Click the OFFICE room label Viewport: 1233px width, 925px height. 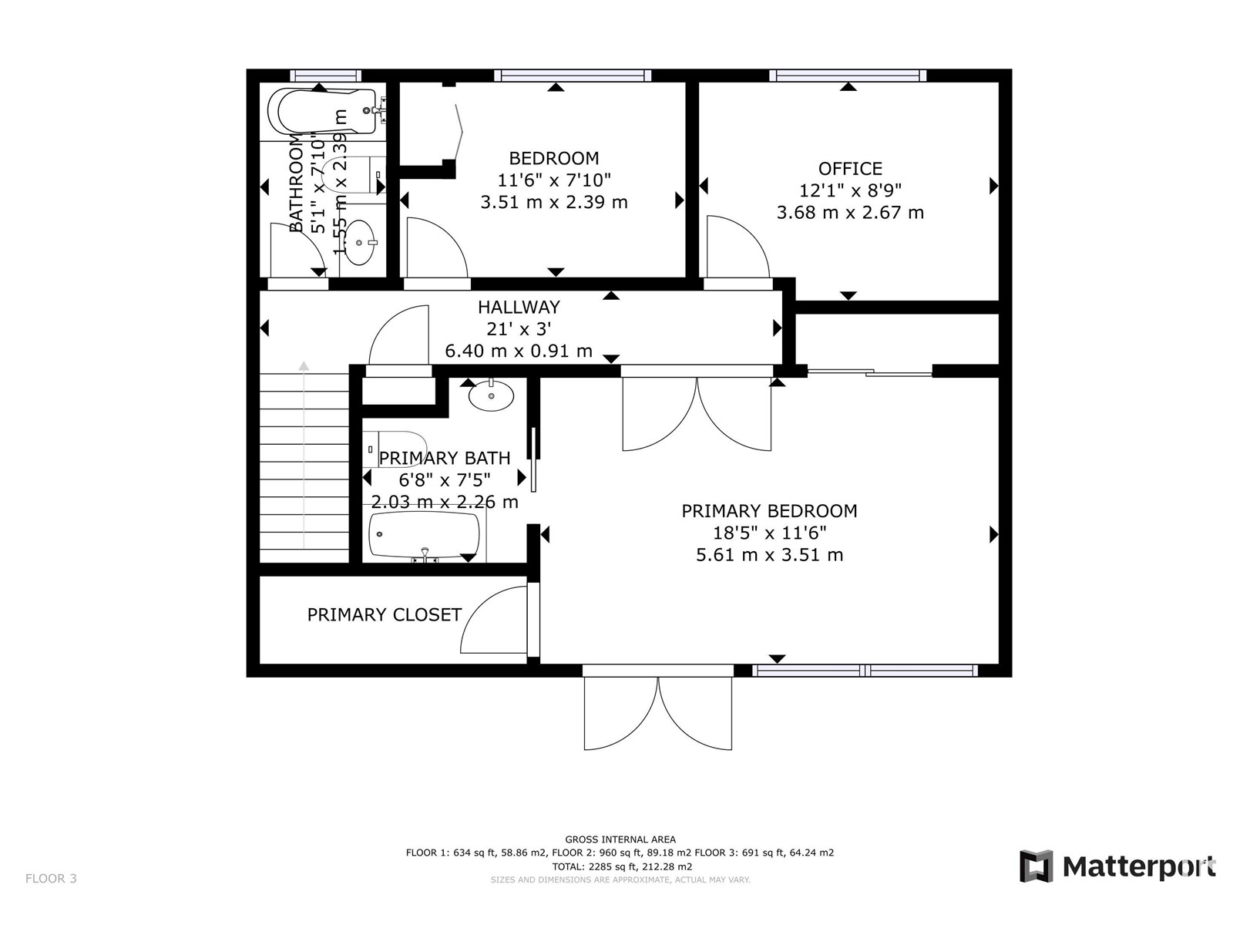[849, 169]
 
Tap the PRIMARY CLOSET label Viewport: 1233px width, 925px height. [385, 615]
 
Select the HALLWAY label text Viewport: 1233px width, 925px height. [519, 308]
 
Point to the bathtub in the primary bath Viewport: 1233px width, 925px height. [424, 535]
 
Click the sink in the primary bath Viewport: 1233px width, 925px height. [491, 395]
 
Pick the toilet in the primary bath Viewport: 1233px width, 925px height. [395, 449]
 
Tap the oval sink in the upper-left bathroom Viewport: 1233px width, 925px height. [359, 242]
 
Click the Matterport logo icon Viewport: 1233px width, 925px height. [1036, 866]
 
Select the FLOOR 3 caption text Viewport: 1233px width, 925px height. [51, 879]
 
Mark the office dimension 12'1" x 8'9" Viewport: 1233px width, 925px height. [850, 191]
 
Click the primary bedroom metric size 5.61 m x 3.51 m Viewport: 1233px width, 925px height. [770, 555]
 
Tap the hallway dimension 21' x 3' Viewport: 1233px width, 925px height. [519, 329]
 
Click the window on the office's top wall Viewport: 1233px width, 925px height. [848, 76]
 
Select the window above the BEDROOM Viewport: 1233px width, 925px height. [573, 76]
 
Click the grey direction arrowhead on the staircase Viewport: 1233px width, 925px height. [304, 366]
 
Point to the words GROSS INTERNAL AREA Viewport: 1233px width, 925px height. [620, 839]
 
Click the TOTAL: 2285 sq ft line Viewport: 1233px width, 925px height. [622, 866]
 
